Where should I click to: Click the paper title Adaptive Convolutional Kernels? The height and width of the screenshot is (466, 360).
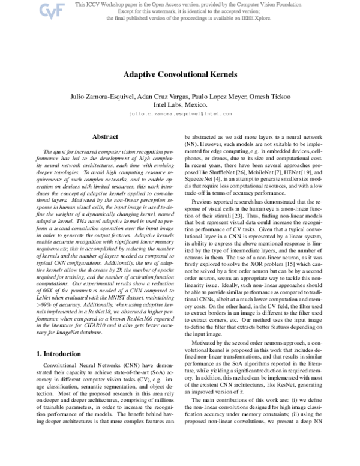[180, 76]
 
